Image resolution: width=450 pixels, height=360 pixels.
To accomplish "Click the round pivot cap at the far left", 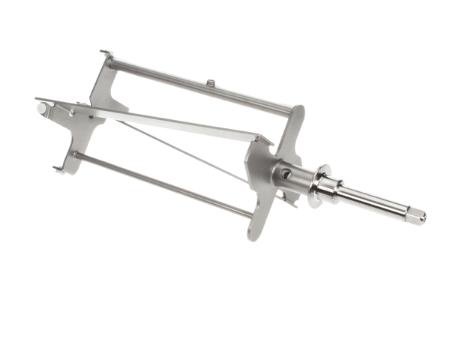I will coord(41,109).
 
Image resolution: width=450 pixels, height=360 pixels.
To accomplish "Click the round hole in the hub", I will coord(286,174).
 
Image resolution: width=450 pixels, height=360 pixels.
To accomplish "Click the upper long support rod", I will coord(202,88).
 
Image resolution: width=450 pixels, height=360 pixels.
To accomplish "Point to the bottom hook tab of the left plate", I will coord(58,168).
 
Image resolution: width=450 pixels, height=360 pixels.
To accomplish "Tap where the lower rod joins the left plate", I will coord(76,156).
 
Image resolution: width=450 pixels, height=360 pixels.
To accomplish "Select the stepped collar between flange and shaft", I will coord(330,192).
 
